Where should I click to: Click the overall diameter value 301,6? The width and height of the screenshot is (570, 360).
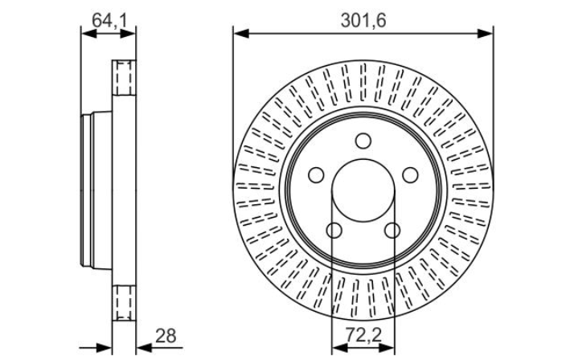click(363, 21)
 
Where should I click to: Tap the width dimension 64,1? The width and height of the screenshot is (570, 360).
click(109, 19)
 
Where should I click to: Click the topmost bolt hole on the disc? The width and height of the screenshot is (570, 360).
click(363, 142)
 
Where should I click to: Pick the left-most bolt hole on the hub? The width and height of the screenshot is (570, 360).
click(315, 175)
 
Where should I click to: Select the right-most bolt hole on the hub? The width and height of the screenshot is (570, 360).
click(410, 175)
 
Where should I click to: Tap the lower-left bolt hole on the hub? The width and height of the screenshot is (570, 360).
click(334, 231)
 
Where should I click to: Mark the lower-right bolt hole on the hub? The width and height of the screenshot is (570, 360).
click(392, 231)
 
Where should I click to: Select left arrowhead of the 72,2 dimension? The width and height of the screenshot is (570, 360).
click(337, 347)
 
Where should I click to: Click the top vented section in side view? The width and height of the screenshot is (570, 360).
click(123, 76)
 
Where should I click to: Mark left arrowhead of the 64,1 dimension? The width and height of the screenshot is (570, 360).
click(86, 33)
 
